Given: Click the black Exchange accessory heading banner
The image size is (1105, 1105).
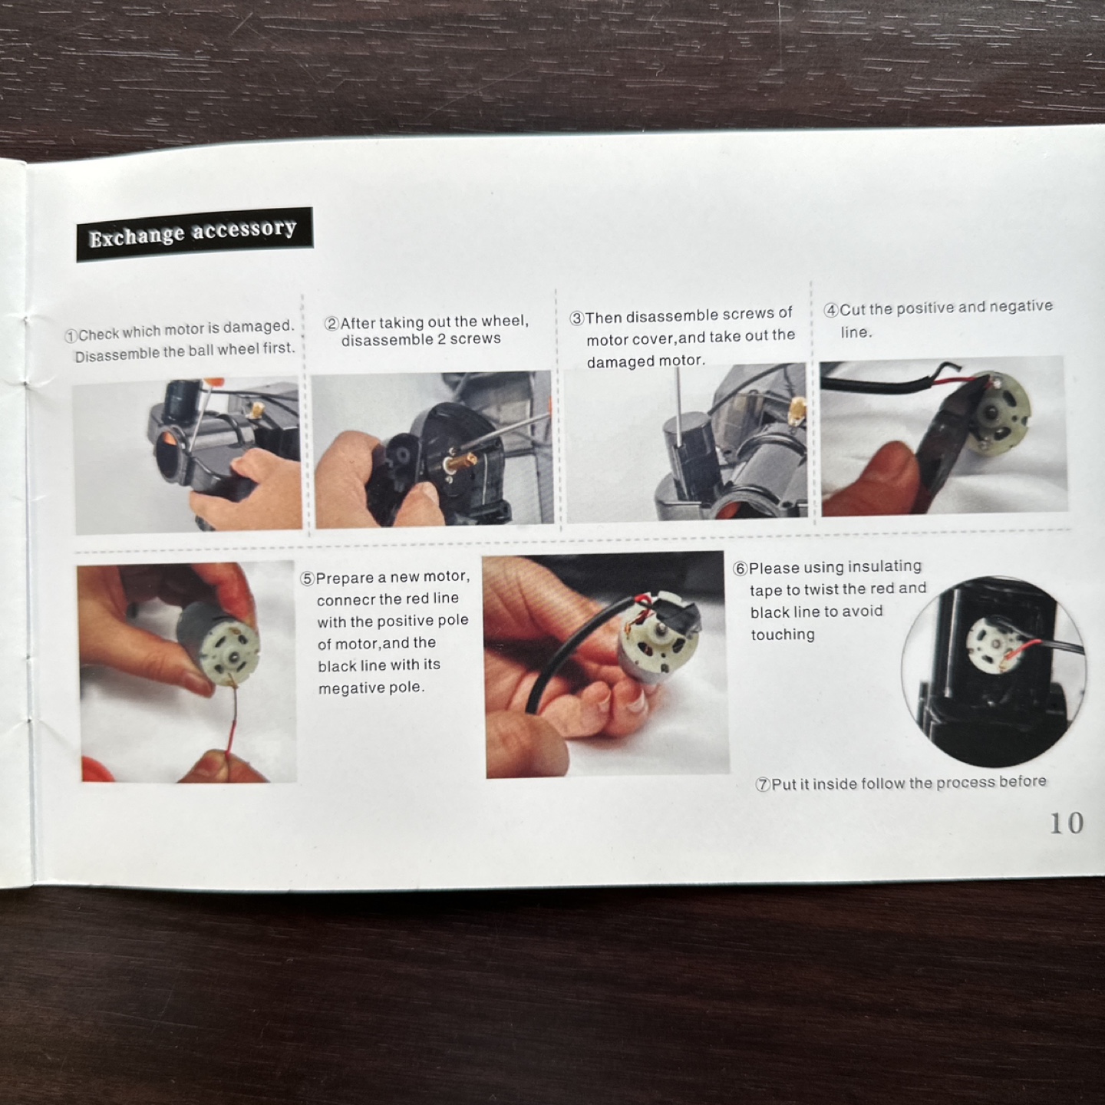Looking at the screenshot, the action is [x=195, y=234].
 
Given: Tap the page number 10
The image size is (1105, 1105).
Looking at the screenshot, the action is [x=1066, y=823].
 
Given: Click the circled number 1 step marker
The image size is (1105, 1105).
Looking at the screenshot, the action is [x=71, y=335].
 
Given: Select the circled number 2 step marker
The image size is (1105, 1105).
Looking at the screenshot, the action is [x=331, y=324].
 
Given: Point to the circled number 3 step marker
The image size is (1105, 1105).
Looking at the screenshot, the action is [x=576, y=318].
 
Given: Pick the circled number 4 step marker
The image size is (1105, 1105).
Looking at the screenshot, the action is [x=831, y=311].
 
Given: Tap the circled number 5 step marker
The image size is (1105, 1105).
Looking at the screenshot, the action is [x=308, y=579].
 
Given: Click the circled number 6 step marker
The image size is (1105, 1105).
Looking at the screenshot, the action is [x=741, y=569].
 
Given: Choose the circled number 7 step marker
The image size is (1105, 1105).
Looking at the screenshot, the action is [x=763, y=784].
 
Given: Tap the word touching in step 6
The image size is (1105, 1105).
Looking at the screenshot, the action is [x=783, y=635].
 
